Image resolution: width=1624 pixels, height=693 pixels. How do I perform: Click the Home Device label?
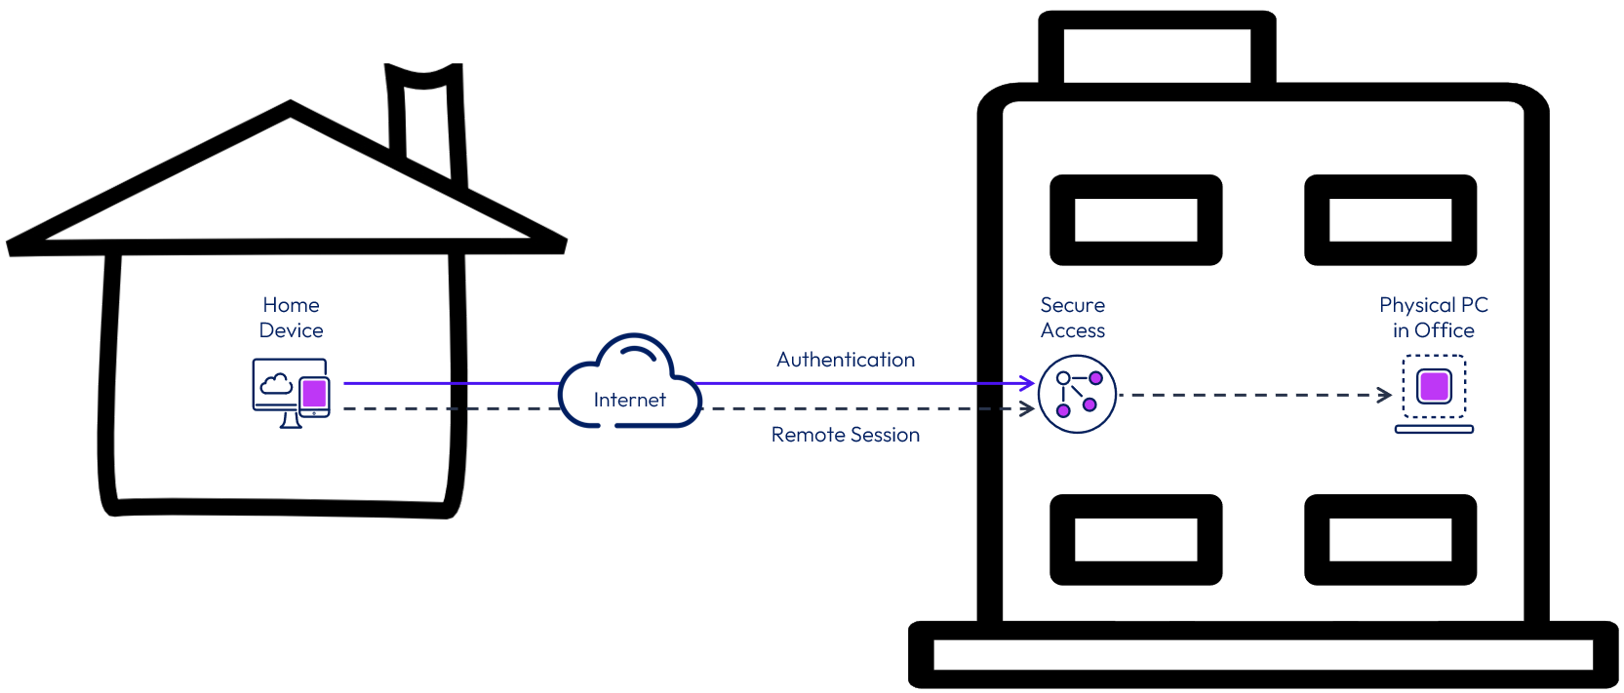coord(291,317)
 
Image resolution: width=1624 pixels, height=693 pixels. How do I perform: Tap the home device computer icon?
coord(291,393)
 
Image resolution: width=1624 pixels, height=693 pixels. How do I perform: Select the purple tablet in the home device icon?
coord(314,396)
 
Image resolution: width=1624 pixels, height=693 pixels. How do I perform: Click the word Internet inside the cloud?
coord(629,400)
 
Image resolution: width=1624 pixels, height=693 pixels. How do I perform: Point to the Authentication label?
coord(846,360)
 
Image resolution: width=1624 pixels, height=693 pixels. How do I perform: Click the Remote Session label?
coord(846,435)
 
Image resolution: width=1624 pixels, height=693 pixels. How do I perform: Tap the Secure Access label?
coord(1073,317)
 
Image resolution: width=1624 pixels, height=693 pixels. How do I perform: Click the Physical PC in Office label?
coord(1434,317)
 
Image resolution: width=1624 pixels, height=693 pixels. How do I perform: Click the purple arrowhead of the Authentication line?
coord(1027,382)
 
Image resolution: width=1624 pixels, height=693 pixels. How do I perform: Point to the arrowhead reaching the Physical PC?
coord(1385,396)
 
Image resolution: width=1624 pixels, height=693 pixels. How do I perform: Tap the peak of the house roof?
coord(291,106)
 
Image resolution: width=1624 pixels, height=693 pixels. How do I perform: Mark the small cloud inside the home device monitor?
coord(276,385)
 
